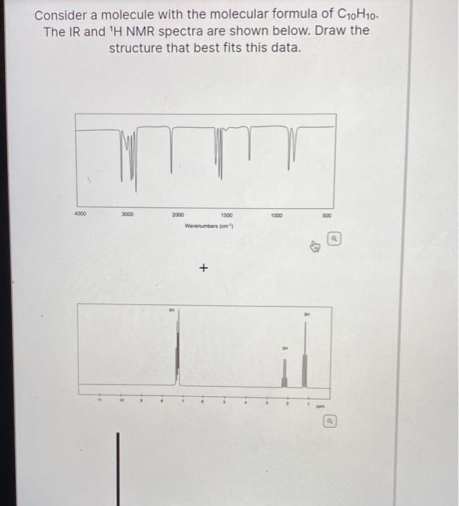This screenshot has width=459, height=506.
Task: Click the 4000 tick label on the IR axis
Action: point(80,215)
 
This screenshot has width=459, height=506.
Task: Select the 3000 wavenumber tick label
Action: point(126,215)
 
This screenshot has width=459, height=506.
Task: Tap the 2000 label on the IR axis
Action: point(178,215)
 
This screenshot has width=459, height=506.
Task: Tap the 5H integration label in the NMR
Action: point(171,311)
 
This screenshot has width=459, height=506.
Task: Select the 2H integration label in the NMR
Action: point(285,348)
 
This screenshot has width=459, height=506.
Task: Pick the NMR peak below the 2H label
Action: point(285,372)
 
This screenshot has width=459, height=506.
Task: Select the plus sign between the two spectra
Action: point(203,269)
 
